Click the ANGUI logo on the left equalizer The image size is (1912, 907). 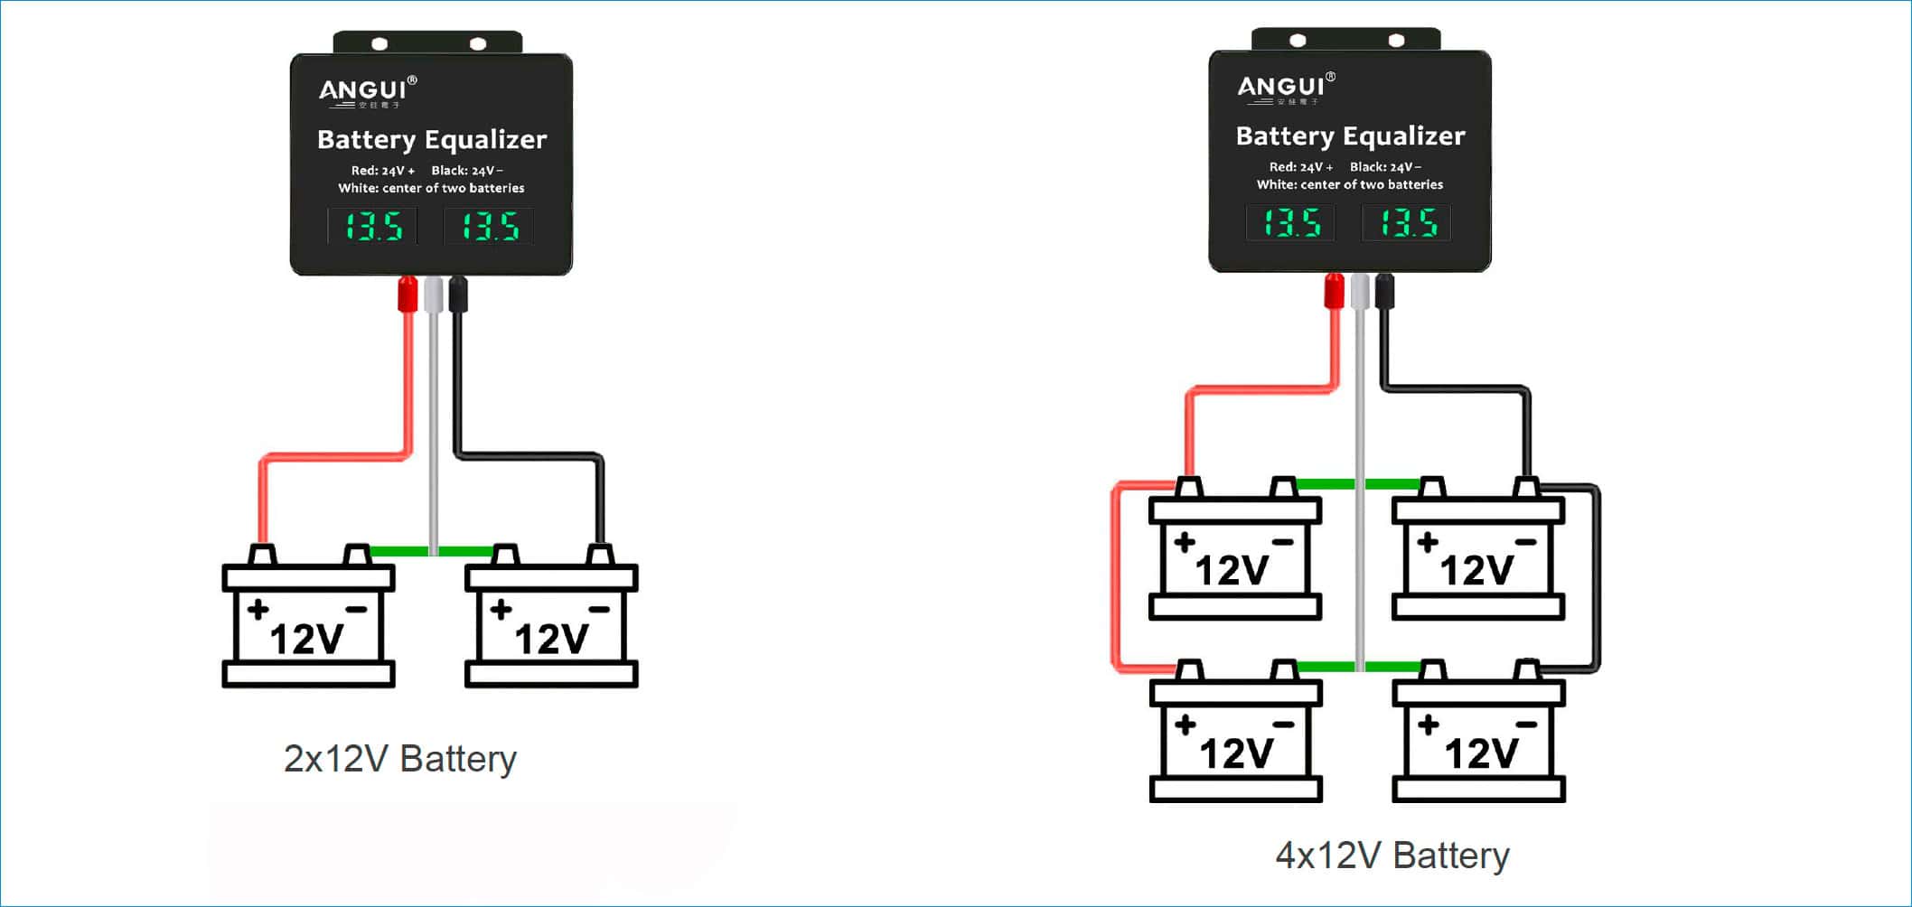pos(367,90)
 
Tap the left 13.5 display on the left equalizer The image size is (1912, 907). pos(372,226)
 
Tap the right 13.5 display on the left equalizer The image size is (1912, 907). pos(489,226)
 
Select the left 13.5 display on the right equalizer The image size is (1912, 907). pos(1290,222)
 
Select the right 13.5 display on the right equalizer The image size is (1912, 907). pos(1407,222)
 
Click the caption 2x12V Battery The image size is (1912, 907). pos(399,759)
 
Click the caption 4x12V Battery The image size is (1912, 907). pos(1392,855)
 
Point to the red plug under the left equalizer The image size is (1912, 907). pos(408,295)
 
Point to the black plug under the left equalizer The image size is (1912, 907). pos(458,295)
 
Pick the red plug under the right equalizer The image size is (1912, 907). pos(1334,291)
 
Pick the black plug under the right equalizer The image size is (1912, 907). pos(1384,291)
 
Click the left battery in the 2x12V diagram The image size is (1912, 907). pos(308,623)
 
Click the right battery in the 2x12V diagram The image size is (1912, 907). pos(551,623)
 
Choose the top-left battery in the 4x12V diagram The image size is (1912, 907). pos(1234,556)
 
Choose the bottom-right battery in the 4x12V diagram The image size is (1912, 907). pos(1478,738)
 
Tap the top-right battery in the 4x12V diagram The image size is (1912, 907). pos(1478,556)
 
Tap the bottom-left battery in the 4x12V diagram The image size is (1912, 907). pos(1235,738)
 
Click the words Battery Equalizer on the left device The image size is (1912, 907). pos(432,140)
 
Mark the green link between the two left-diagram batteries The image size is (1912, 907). pos(398,551)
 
